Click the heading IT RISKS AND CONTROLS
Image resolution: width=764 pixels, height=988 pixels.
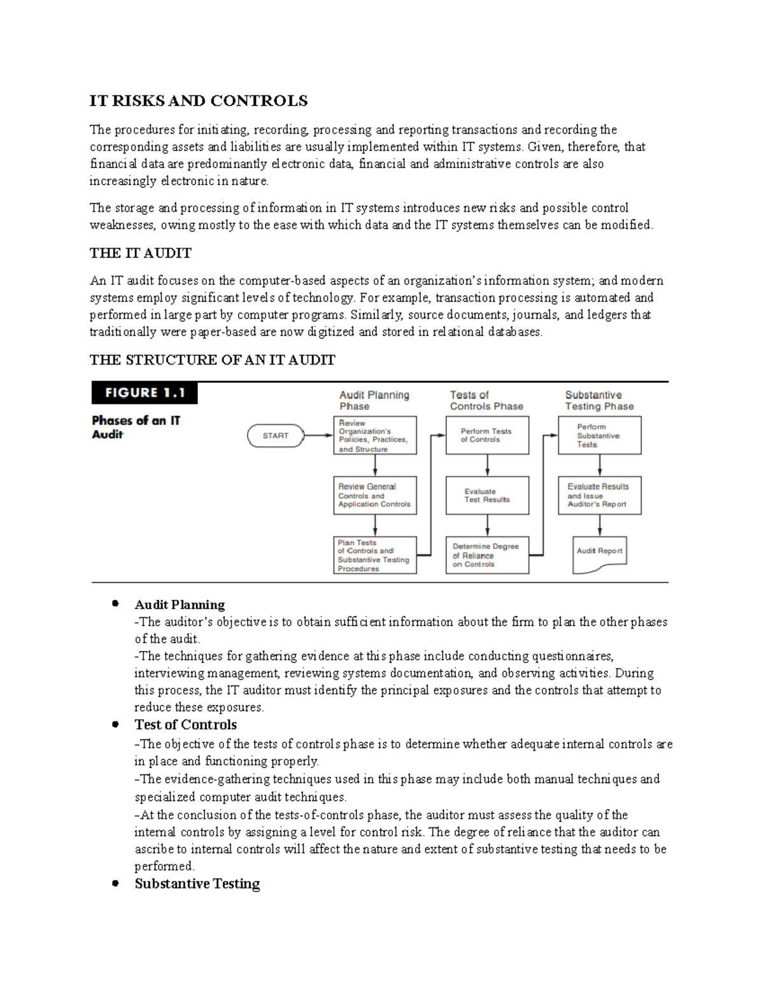[x=198, y=101]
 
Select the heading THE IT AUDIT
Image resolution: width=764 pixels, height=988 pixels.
[x=140, y=253]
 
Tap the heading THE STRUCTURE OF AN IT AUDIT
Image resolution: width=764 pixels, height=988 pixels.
[x=212, y=360]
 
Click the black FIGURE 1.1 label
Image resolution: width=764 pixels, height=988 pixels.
[x=145, y=393]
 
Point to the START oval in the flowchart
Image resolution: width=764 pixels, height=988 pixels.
[x=275, y=436]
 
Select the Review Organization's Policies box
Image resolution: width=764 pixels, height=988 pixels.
[x=375, y=436]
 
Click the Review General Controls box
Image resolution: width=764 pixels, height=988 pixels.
[x=375, y=496]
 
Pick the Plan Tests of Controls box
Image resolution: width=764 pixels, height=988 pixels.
[x=375, y=555]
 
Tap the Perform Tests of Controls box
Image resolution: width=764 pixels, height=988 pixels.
[x=487, y=436]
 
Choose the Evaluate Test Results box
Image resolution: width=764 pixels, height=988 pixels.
[x=487, y=496]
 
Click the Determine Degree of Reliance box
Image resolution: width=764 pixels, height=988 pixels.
[x=487, y=555]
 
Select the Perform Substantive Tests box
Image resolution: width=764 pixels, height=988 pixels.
[x=599, y=436]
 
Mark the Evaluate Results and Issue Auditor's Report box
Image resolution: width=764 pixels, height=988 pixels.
[x=599, y=496]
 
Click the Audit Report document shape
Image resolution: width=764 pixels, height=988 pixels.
[x=599, y=552]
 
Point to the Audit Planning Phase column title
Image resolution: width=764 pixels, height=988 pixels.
[x=374, y=401]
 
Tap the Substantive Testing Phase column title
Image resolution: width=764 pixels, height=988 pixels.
[x=599, y=401]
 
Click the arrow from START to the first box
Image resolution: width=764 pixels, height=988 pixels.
[x=319, y=436]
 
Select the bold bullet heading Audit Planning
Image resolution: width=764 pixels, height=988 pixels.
[x=180, y=605]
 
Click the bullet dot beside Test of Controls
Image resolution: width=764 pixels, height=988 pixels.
[x=115, y=724]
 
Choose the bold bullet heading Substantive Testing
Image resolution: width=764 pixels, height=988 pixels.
[x=197, y=884]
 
